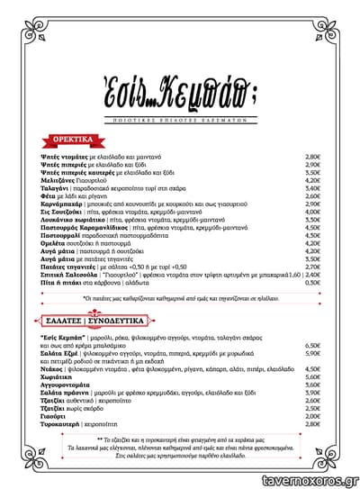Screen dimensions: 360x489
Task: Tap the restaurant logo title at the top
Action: [x=180, y=89]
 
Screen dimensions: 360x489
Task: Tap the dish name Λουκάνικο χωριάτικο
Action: [x=73, y=219]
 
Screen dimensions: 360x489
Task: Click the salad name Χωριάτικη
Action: [x=57, y=376]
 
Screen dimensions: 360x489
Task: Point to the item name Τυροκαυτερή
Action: [x=61, y=423]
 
